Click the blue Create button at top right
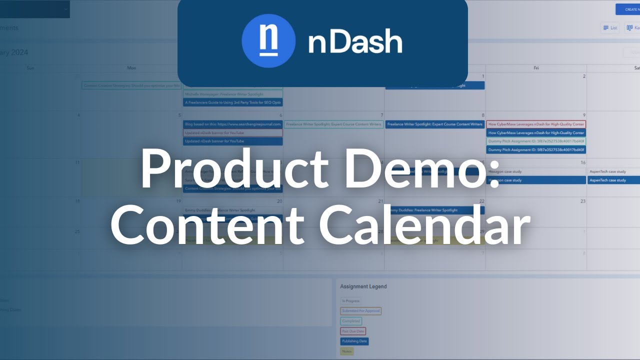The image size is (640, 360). pos(628,9)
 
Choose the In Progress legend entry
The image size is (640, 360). pos(350,301)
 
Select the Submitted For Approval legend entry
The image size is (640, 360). pos(360,311)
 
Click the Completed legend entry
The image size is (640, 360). pos(351,321)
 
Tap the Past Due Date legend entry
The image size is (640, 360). pos(353,331)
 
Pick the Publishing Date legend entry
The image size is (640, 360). pos(354,341)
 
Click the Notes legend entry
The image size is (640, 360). pos(347,351)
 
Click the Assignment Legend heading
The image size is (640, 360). pos(363,286)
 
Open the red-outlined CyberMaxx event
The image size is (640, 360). pos(536,124)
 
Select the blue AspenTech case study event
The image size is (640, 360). pos(614,180)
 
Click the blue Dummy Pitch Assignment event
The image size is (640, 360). pos(536,149)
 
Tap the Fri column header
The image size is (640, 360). pos(536,68)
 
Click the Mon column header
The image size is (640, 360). pos(131,68)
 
